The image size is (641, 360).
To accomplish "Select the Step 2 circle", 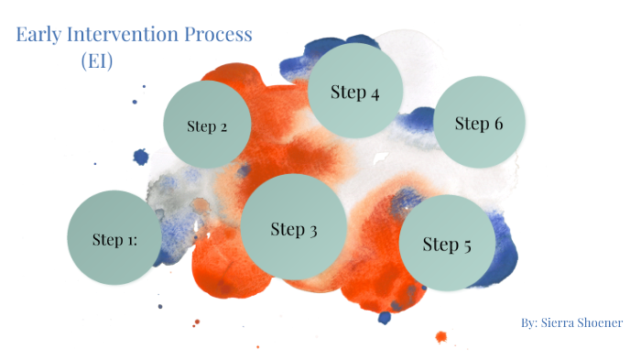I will (208, 124).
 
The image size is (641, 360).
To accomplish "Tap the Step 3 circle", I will (294, 226).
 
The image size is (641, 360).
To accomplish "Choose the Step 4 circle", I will (355, 91).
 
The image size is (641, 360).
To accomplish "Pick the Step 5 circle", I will (448, 243).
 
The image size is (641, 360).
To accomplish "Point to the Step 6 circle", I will (479, 122).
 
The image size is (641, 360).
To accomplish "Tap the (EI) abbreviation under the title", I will (96, 61).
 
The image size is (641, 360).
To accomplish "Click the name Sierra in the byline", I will (560, 323).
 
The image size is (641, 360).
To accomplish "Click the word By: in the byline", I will (529, 323).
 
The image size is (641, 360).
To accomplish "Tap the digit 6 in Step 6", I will (497, 123).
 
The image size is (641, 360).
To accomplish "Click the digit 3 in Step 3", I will (312, 229).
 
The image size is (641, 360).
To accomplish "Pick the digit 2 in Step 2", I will (223, 126).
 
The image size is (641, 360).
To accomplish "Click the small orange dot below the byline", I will (441, 337).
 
